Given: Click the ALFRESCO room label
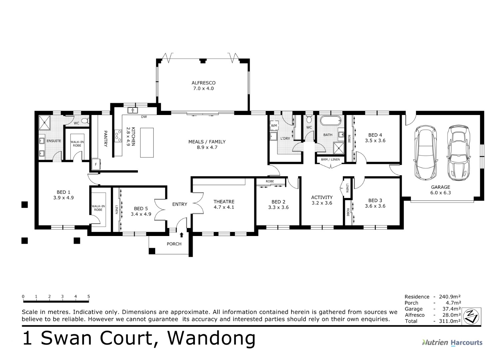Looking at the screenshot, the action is [x=204, y=83].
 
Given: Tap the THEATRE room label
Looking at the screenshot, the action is [x=224, y=202].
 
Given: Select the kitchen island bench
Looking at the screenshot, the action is [x=147, y=143].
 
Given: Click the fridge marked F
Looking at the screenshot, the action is [x=96, y=164].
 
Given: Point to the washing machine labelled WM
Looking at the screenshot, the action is [x=274, y=126].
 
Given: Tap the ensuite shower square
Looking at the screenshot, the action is [x=45, y=122].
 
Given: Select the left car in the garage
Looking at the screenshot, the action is [x=425, y=152].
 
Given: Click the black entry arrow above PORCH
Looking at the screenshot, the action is [x=182, y=235].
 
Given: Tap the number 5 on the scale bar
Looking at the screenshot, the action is [x=89, y=296].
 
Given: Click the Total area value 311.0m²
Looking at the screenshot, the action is [x=450, y=321].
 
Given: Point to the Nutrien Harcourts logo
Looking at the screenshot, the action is [x=452, y=343].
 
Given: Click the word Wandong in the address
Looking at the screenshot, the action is [x=211, y=338].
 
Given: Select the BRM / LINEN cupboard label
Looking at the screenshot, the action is [x=330, y=159].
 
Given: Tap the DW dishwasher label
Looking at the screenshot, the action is [x=144, y=117].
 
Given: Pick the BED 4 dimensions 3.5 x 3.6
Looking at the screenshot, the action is [x=375, y=140].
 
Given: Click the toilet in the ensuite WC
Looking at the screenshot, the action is [x=85, y=121].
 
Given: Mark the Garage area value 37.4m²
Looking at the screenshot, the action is [x=451, y=309].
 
